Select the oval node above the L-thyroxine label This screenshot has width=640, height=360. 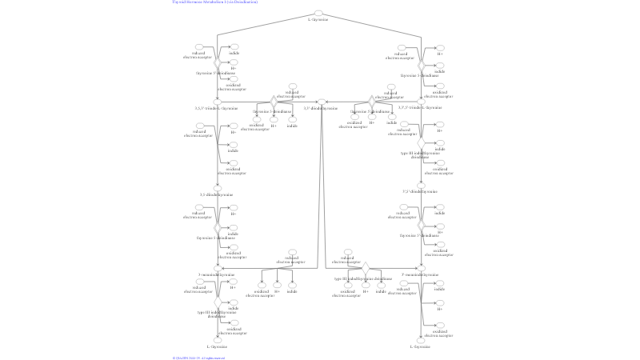tap(318, 13)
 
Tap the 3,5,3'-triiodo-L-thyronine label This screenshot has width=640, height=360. tap(217, 108)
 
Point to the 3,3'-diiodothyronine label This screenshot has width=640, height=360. tap(320, 108)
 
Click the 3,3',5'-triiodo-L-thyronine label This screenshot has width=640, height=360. tap(420, 107)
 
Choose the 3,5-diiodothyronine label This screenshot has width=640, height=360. tap(217, 194)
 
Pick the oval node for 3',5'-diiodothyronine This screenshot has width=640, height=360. tap(420, 185)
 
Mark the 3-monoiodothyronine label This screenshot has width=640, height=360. tap(217, 274)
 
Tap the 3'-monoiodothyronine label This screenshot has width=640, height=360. tap(419, 274)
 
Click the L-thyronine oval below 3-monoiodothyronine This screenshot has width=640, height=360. tap(217, 340)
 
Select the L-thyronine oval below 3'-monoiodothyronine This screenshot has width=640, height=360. tap(421, 340)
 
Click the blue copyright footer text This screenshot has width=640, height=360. tap(199, 358)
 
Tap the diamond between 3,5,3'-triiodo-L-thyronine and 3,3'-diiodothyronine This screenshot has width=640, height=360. tap(274, 102)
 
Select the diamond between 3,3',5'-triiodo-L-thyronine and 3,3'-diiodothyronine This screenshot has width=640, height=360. tap(371, 102)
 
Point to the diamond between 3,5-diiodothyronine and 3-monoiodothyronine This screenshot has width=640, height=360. tap(217, 228)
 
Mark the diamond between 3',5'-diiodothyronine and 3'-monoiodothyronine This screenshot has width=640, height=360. tap(421, 228)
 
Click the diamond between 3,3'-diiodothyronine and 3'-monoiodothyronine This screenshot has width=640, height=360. tap(366, 266)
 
